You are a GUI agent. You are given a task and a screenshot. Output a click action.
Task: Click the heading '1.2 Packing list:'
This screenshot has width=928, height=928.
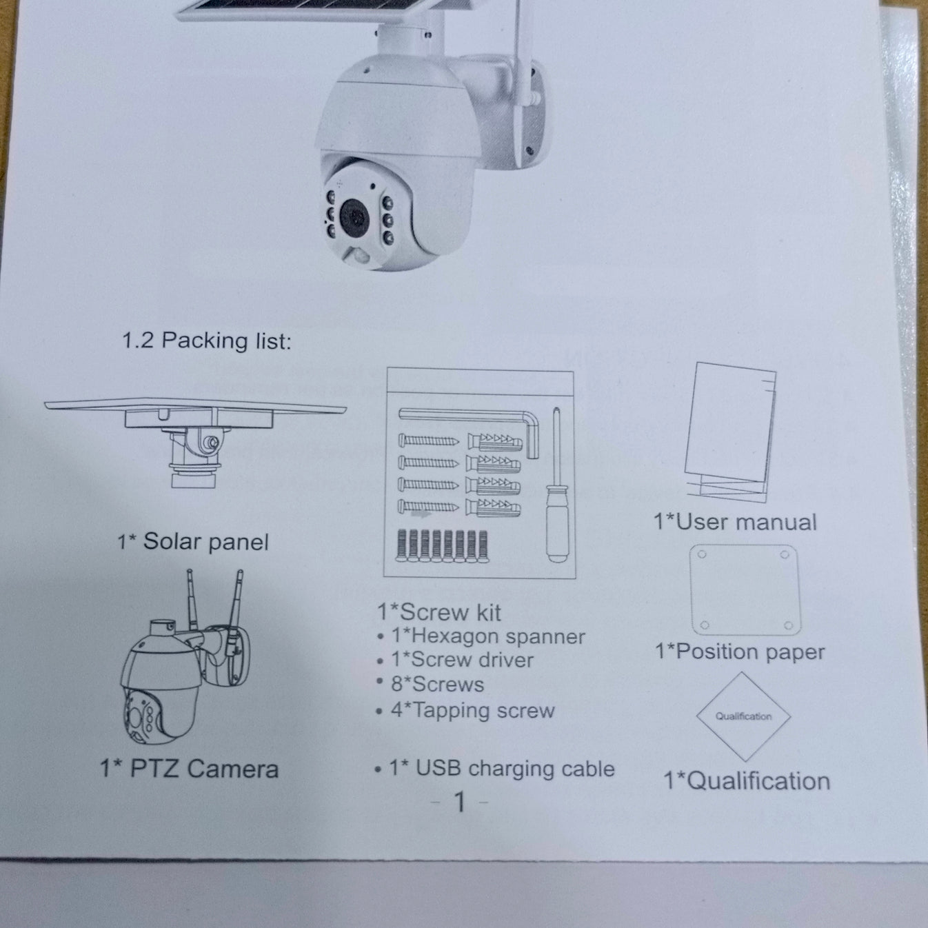coord(206,341)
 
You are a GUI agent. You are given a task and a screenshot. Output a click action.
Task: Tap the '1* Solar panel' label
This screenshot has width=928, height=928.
coord(193,542)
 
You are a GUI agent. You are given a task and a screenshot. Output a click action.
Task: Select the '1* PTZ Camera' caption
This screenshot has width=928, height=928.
coord(189,769)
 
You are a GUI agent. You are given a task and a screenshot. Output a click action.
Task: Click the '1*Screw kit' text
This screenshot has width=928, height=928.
coord(439,612)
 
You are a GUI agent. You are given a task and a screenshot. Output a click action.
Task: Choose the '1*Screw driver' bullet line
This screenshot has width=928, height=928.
coord(462,660)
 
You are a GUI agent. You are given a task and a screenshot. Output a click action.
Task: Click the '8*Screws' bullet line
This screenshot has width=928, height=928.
coord(437,685)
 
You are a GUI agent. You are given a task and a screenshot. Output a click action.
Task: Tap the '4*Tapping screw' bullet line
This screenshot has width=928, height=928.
coord(472,710)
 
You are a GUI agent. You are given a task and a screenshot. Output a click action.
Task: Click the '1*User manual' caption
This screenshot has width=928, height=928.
coord(735,522)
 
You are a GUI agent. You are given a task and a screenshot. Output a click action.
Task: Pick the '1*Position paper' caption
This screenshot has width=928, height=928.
coord(740,652)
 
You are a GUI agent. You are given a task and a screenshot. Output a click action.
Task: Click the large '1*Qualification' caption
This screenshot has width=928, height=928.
coord(747,781)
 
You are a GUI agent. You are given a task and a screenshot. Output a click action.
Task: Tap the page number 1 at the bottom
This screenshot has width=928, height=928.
coord(460,802)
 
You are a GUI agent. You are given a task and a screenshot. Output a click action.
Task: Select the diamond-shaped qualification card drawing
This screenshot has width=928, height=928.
coord(743,716)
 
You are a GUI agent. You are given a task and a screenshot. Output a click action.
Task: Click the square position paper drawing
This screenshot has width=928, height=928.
coord(745,590)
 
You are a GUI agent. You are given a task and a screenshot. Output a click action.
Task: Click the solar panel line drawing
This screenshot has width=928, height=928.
coord(195,434)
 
